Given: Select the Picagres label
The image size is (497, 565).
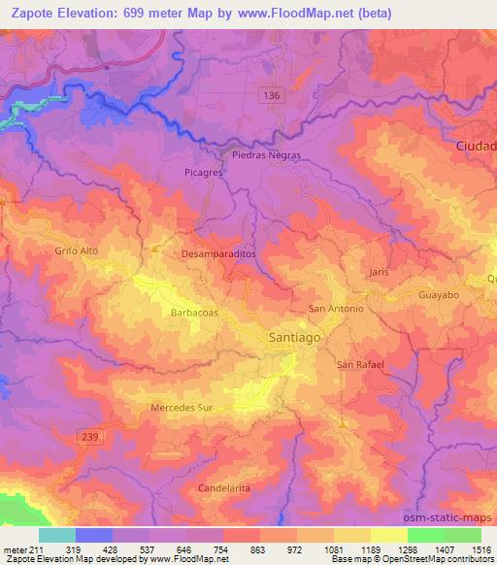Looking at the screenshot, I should (x=204, y=172).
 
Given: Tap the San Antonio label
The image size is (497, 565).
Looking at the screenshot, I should (x=336, y=309).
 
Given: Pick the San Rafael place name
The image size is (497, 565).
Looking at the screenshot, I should (x=361, y=364).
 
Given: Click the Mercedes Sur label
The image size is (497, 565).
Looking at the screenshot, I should (x=182, y=408).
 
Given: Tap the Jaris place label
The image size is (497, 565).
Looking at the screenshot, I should (x=379, y=273).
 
